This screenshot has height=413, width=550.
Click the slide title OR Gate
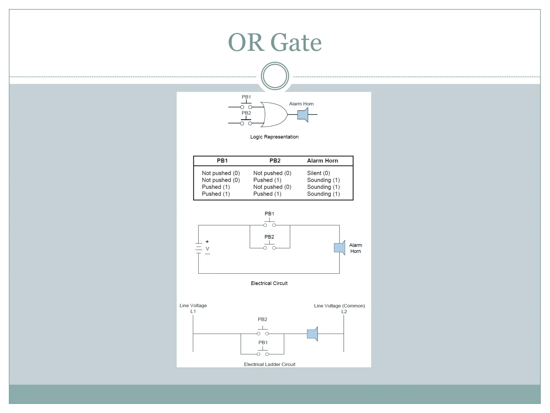[275, 42]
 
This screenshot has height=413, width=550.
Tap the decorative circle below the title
[275, 76]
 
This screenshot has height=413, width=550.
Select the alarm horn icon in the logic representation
[303, 115]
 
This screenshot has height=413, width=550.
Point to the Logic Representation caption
[274, 137]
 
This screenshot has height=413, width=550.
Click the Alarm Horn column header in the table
[322, 161]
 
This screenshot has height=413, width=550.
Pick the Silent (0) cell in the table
[318, 173]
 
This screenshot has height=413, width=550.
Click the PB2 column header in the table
[275, 161]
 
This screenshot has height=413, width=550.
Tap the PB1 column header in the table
[222, 161]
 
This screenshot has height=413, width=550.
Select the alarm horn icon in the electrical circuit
[339, 248]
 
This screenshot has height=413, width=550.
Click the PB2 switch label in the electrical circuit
[269, 237]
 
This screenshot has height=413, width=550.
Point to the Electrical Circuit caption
[269, 283]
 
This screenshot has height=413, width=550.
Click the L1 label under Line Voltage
[193, 311]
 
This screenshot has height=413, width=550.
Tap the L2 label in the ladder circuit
[344, 312]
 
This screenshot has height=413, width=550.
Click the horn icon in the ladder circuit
[313, 334]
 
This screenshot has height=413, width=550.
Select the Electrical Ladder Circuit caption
[270, 364]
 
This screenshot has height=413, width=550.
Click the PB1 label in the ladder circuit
[263, 343]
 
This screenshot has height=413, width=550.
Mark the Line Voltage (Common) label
[339, 306]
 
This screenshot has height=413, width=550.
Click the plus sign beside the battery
[207, 242]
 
